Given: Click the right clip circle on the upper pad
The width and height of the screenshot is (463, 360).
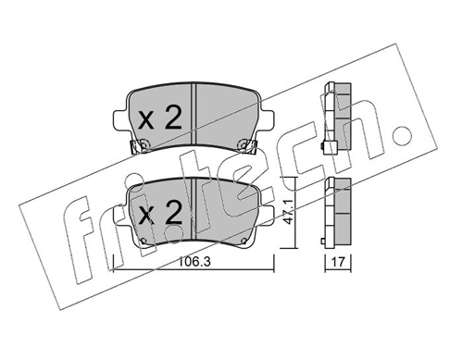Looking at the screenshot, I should coord(242,143).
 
